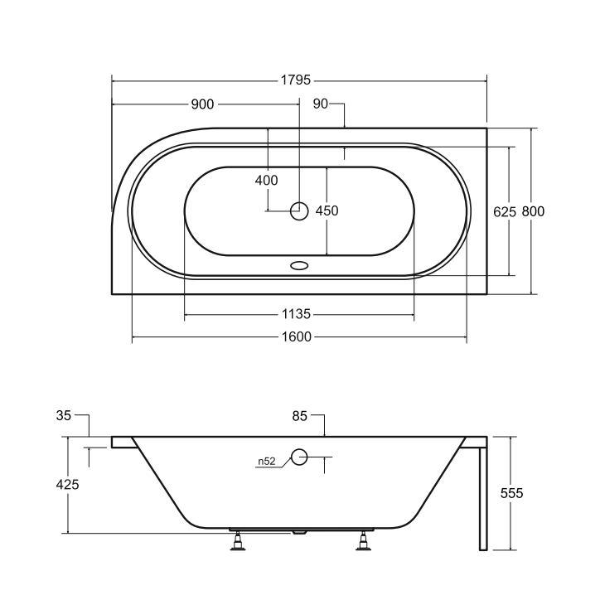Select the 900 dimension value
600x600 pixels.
click(x=202, y=104)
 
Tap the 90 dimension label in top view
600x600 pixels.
click(x=321, y=104)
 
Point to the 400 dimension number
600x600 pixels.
click(x=266, y=180)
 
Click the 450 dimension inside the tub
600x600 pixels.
click(x=327, y=210)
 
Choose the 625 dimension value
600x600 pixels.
click(x=505, y=211)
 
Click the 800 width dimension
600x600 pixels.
click(x=533, y=211)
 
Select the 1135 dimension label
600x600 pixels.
click(x=296, y=315)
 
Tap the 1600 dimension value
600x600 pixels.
click(x=296, y=337)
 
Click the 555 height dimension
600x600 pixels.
click(x=511, y=492)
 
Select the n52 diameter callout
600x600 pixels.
click(x=266, y=462)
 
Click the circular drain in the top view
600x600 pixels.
click(x=299, y=211)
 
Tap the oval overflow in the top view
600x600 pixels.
click(x=299, y=267)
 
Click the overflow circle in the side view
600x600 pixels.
click(x=299, y=456)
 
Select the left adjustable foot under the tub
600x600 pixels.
click(x=240, y=543)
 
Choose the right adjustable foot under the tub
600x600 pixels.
click(x=362, y=543)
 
